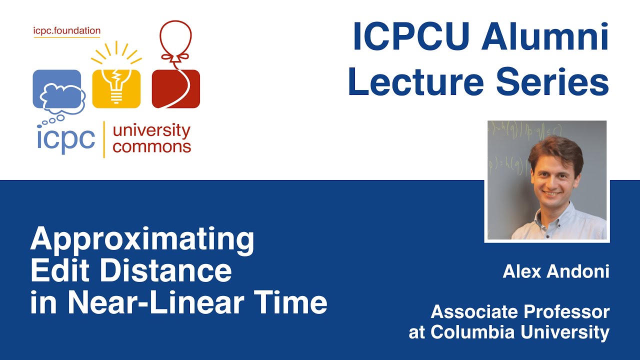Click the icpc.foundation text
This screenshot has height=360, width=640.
point(66,31)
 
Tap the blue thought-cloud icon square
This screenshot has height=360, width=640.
point(56,89)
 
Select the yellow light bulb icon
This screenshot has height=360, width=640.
point(116,82)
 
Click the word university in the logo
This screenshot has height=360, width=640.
point(151,131)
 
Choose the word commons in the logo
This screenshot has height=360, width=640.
point(151,147)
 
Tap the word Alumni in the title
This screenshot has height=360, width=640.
point(545,37)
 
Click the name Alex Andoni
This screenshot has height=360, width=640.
point(556,271)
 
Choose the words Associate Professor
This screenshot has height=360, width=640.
point(520,312)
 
